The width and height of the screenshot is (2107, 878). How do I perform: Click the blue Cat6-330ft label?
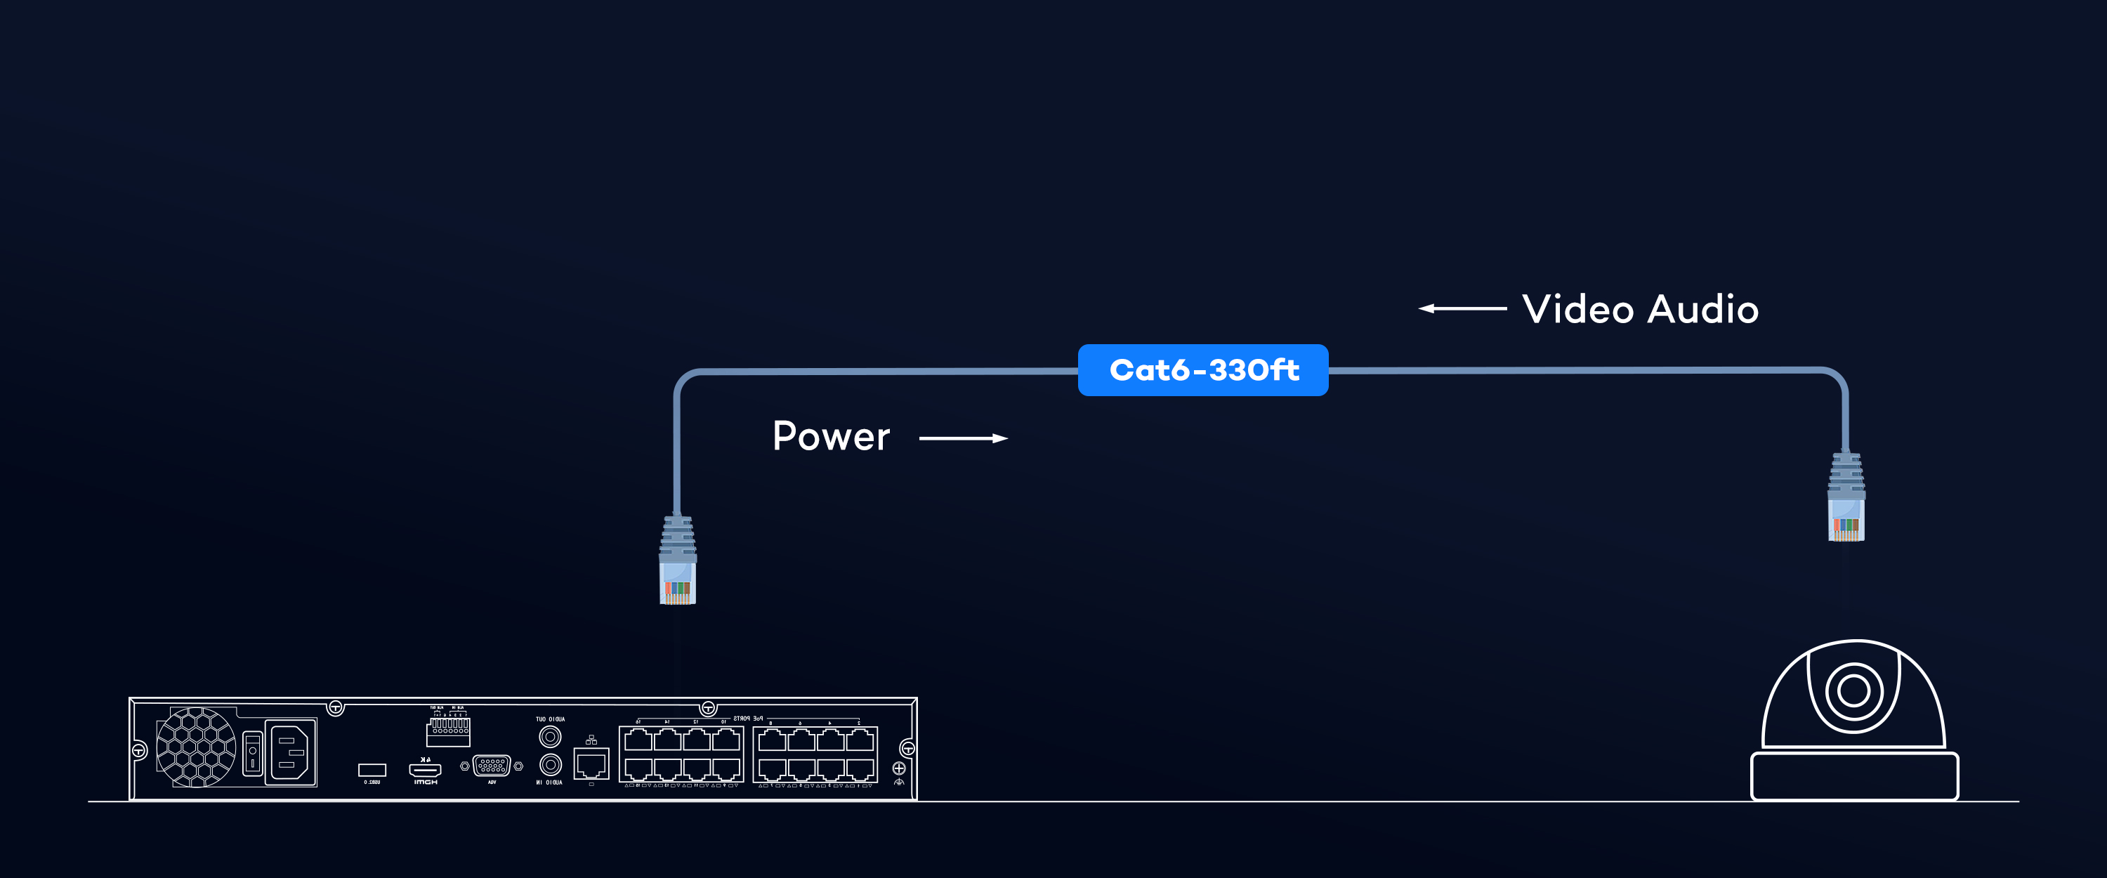(1202, 370)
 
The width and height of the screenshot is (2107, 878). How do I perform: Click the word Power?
(830, 436)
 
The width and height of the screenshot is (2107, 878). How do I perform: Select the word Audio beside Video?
(1703, 309)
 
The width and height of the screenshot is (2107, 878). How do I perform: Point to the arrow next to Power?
(963, 438)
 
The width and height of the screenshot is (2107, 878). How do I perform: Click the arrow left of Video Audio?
(1462, 308)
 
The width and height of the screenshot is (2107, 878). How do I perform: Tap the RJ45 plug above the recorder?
(677, 561)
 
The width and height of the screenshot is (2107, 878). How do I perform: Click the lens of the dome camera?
(1853, 690)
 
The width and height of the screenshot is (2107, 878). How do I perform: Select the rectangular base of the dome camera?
(1853, 775)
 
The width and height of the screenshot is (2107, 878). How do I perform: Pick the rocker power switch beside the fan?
(253, 753)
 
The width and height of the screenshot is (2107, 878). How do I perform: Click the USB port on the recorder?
(372, 769)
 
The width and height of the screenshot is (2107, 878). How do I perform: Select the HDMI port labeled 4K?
(424, 769)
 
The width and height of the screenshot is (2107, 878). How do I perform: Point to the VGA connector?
(492, 766)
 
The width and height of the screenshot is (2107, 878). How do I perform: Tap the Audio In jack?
(550, 765)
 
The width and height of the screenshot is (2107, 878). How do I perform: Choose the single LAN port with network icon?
(591, 765)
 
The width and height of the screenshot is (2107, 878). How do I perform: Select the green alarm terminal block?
(448, 730)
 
